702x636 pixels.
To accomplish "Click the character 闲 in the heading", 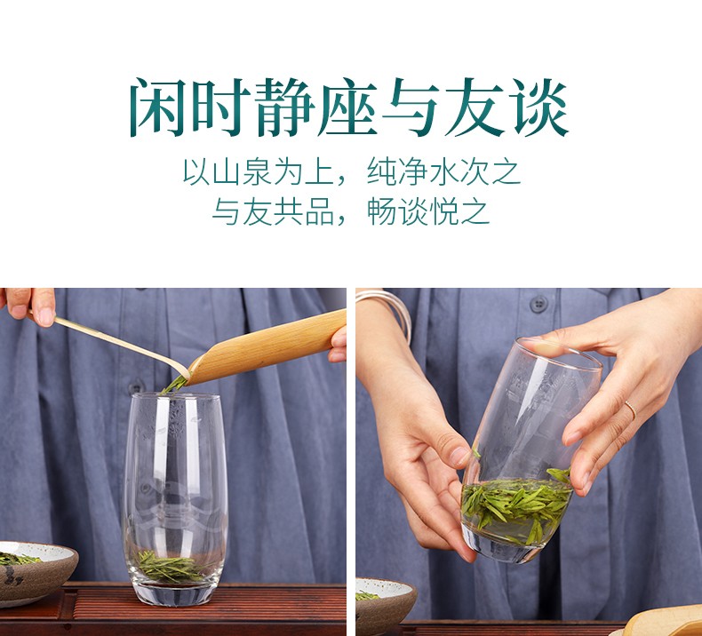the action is coord(158,107).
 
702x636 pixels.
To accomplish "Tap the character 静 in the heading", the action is coord(285,107).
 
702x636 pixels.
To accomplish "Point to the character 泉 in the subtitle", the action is coord(257,171).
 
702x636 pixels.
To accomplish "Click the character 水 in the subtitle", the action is coord(443,171).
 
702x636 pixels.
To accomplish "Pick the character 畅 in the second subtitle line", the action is coord(381,211).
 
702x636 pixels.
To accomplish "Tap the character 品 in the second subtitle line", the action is coord(320,211).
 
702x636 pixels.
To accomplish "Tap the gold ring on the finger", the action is coord(631,410).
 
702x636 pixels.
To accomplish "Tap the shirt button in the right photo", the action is coord(539,304).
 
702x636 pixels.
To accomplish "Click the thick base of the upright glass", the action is coord(174,593).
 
